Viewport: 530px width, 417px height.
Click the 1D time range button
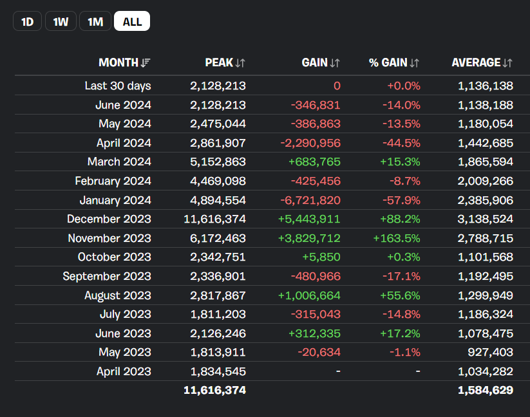[x=28, y=21]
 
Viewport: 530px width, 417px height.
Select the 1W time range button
[x=61, y=21]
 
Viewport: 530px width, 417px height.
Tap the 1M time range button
[x=95, y=21]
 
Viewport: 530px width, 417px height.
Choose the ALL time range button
[x=132, y=21]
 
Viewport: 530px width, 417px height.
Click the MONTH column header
[x=118, y=62]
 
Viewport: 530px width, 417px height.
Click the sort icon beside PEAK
[x=240, y=63]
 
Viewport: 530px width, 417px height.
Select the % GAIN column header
[x=388, y=62]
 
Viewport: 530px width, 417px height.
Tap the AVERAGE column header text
[x=477, y=62]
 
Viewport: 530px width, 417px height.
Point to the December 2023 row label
[x=109, y=219]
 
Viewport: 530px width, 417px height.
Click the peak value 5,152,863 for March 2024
[x=218, y=162]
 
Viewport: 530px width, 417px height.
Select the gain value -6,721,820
[x=310, y=200]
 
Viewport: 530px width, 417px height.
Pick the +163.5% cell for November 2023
[x=397, y=238]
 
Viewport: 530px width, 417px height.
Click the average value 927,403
[x=491, y=352]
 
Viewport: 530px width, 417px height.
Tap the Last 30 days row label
[x=118, y=86]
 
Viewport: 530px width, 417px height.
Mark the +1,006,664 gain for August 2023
[x=309, y=295]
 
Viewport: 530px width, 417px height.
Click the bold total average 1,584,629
[x=486, y=391]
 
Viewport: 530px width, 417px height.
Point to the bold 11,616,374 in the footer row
[x=215, y=391]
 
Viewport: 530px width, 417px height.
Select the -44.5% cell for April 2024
[x=402, y=143]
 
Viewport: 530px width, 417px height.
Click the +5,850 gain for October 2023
[x=321, y=257]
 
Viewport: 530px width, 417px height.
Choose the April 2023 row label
[x=124, y=371]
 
